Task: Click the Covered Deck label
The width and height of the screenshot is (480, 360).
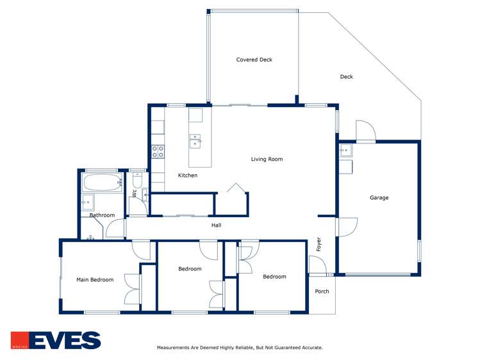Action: click(x=254, y=60)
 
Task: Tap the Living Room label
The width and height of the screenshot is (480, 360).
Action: click(x=267, y=159)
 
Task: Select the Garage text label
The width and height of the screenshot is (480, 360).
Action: click(x=379, y=197)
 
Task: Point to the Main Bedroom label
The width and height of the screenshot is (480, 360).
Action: click(x=95, y=279)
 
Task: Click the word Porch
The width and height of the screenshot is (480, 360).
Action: click(x=322, y=291)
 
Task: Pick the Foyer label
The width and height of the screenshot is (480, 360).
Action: click(x=319, y=244)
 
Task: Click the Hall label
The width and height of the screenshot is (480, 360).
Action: click(x=217, y=225)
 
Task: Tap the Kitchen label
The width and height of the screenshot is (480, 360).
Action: click(x=188, y=175)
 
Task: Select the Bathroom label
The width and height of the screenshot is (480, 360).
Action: click(x=102, y=215)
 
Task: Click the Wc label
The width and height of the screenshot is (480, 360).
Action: click(x=135, y=192)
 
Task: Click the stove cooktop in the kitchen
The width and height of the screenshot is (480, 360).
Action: click(x=158, y=152)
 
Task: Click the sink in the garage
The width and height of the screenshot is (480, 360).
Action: click(x=345, y=151)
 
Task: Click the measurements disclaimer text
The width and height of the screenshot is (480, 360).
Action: click(x=240, y=348)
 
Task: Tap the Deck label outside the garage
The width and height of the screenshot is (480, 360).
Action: click(x=346, y=77)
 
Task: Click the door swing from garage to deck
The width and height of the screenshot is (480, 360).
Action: click(x=366, y=131)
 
